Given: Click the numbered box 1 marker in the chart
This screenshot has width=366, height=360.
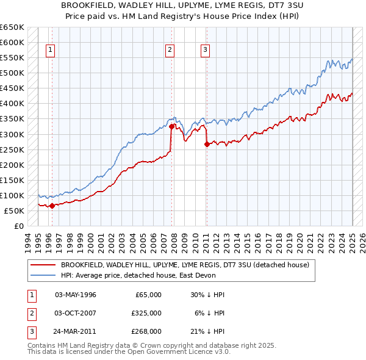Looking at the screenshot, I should (x=49, y=51).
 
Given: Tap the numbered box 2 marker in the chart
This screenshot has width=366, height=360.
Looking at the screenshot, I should (x=170, y=51).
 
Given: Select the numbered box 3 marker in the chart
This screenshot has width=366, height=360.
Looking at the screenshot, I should (x=206, y=51).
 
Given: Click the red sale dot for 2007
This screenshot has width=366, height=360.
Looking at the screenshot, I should (x=171, y=126).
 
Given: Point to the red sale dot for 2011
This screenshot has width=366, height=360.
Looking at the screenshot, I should (x=207, y=144).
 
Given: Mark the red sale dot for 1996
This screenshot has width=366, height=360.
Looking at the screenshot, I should (x=52, y=206).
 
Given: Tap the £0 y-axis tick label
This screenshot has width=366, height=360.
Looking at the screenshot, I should (x=19, y=226).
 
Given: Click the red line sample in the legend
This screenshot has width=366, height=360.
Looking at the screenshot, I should (x=43, y=265).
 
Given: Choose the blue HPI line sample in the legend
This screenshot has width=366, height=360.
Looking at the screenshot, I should (x=43, y=275).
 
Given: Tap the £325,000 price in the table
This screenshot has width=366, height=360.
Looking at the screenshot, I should (x=147, y=313).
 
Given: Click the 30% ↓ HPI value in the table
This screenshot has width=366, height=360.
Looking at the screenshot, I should (x=207, y=295).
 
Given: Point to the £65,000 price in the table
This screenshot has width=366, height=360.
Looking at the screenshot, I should (x=147, y=295).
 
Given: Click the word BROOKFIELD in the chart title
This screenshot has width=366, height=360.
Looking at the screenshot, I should (x=85, y=4).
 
